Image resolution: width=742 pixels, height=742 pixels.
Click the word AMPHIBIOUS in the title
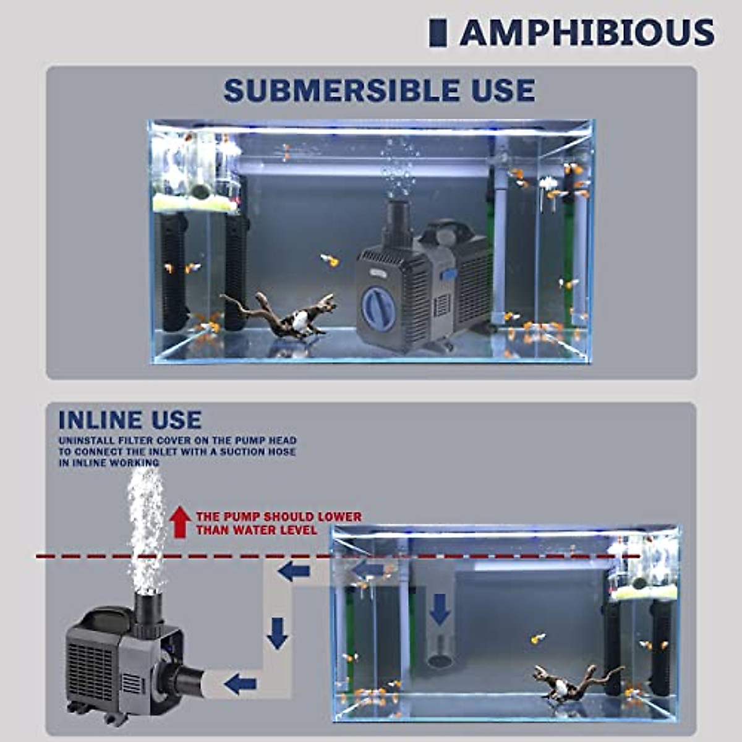coord(587,33)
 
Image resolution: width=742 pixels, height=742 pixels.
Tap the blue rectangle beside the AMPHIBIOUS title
coord(438,33)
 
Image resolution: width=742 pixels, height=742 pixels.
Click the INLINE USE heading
coord(130,420)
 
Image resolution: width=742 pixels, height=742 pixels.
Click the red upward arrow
coord(180,521)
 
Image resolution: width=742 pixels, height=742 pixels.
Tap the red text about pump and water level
coord(278,523)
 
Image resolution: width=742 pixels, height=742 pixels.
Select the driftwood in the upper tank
coord(281,316)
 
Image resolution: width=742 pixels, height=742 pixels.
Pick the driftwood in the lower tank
coord(575,680)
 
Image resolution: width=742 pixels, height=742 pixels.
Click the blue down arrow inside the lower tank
coord(440,609)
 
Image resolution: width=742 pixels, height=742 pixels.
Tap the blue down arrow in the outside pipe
coord(278,633)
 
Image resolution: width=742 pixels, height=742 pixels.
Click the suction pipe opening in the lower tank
coord(440,660)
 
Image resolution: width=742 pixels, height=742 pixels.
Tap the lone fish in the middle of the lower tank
coord(538,638)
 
